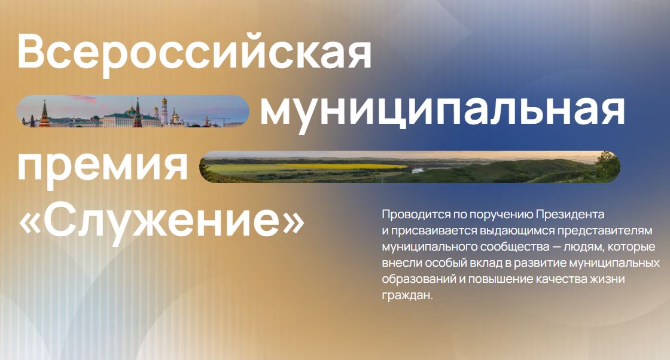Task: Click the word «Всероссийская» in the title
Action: point(194,53)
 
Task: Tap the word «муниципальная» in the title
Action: point(443,112)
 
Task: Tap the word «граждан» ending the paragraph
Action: point(406,295)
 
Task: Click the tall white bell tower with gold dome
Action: point(164,111)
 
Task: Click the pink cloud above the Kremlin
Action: point(85,99)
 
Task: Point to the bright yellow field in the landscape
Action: point(337,166)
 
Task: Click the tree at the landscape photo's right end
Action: point(608,166)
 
